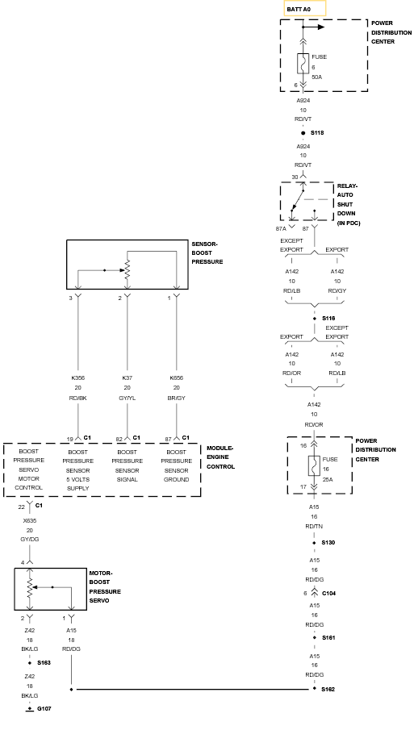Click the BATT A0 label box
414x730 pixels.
click(x=305, y=8)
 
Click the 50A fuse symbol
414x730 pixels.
click(x=303, y=63)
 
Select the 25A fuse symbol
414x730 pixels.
click(x=314, y=465)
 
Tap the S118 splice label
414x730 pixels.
click(x=317, y=133)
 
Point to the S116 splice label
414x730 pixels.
click(x=328, y=319)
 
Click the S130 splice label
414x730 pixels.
click(x=328, y=543)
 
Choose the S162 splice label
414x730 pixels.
click(x=328, y=690)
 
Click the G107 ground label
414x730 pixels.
click(x=44, y=708)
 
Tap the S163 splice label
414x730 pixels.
click(x=44, y=662)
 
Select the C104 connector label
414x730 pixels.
click(x=328, y=594)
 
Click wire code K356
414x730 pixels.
click(x=77, y=378)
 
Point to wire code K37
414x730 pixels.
click(x=128, y=378)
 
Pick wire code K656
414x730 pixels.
click(x=177, y=378)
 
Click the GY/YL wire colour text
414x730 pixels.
click(x=128, y=398)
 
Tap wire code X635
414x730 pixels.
click(x=30, y=521)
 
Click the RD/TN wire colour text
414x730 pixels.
click(x=315, y=527)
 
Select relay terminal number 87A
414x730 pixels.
click(x=282, y=228)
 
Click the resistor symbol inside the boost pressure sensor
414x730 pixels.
click(x=128, y=270)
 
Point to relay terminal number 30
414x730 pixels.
click(x=295, y=177)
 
